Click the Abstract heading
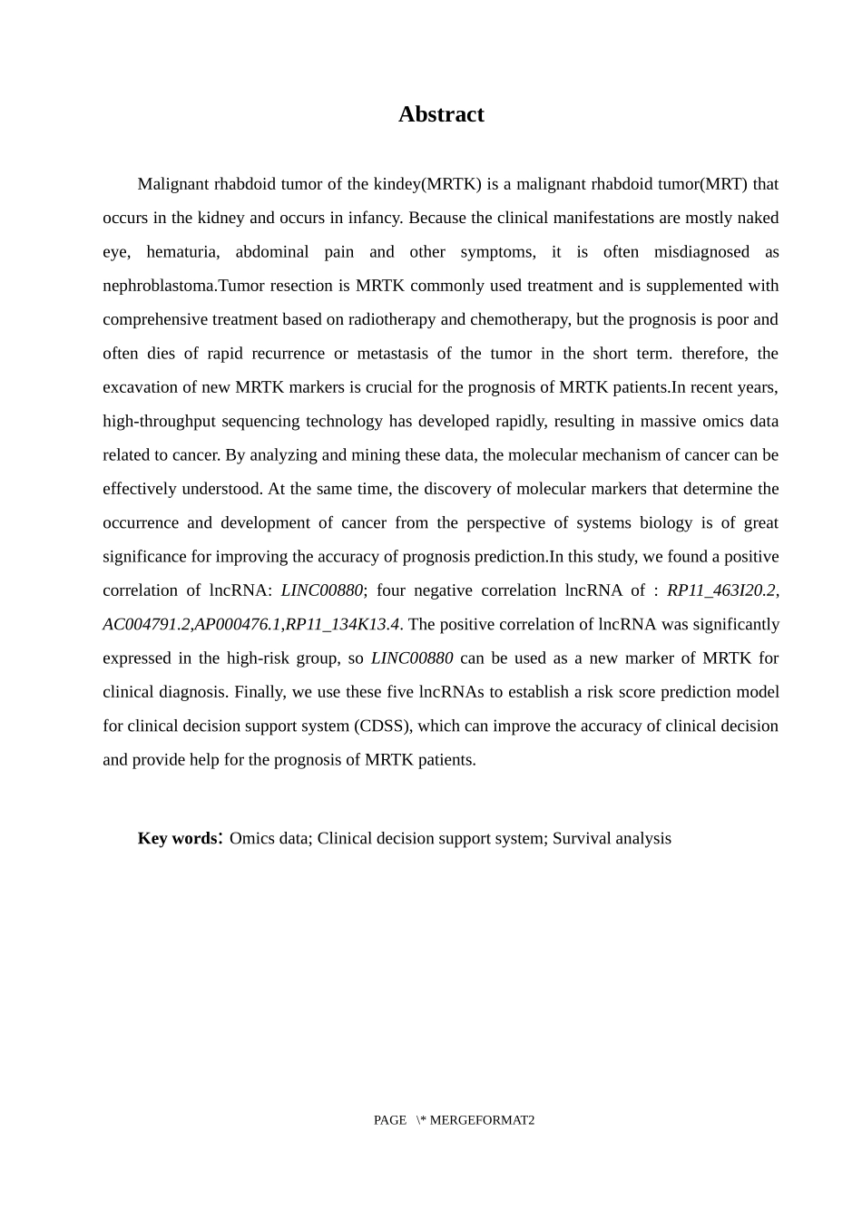(441, 114)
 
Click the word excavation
(138, 387)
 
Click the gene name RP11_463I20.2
(721, 590)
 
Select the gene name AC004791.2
(146, 624)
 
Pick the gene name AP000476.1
(238, 624)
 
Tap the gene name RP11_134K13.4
(342, 624)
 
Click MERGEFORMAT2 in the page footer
(482, 1120)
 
